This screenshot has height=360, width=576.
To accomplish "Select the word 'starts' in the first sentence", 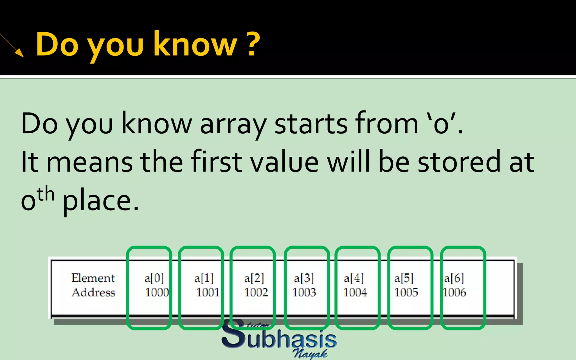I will click(x=311, y=124).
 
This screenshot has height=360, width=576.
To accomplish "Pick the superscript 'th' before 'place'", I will click(x=46, y=194).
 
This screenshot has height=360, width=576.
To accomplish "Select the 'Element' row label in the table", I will click(x=93, y=278).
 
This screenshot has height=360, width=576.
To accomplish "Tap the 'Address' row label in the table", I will click(x=93, y=292).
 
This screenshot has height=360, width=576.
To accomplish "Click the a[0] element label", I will click(x=154, y=278).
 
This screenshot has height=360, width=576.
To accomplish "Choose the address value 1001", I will click(x=208, y=292).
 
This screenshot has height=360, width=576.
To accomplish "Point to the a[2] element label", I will click(x=254, y=278).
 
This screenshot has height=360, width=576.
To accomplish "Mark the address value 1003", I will click(x=304, y=292).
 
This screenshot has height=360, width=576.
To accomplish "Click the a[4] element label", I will click(x=354, y=278).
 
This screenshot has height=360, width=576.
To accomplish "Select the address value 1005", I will click(x=406, y=292).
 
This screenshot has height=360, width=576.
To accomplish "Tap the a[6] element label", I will click(x=454, y=278).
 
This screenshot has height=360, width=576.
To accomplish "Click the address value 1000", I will click(x=157, y=292).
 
